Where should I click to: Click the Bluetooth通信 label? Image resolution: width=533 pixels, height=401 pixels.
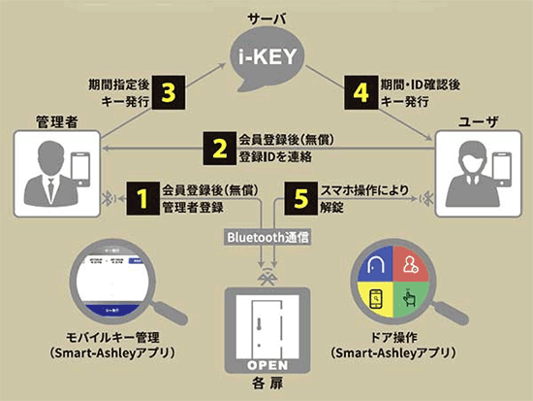pos(266,236)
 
